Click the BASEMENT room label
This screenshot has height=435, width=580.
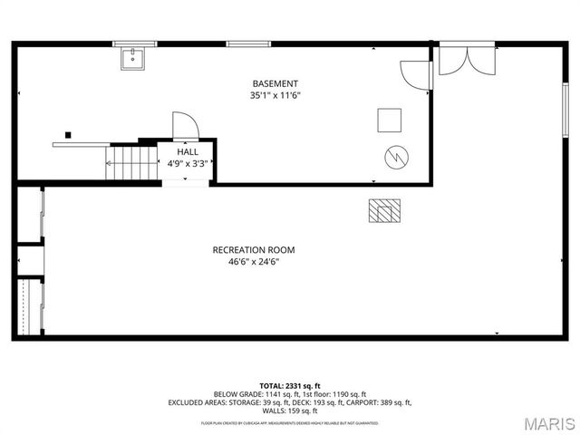275,83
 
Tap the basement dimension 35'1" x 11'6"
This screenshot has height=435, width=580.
275,95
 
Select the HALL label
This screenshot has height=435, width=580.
188,152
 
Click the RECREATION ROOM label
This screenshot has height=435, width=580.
254,250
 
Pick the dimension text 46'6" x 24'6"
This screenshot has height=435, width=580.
254,262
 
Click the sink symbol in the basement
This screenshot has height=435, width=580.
131,59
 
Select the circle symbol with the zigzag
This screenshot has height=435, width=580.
395,157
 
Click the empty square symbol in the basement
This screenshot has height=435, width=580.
390,121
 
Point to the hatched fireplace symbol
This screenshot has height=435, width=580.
384,210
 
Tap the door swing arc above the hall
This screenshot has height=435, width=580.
184,125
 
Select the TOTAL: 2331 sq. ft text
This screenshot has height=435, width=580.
290,386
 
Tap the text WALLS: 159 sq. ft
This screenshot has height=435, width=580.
290,411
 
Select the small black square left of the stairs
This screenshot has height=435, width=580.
68,135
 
